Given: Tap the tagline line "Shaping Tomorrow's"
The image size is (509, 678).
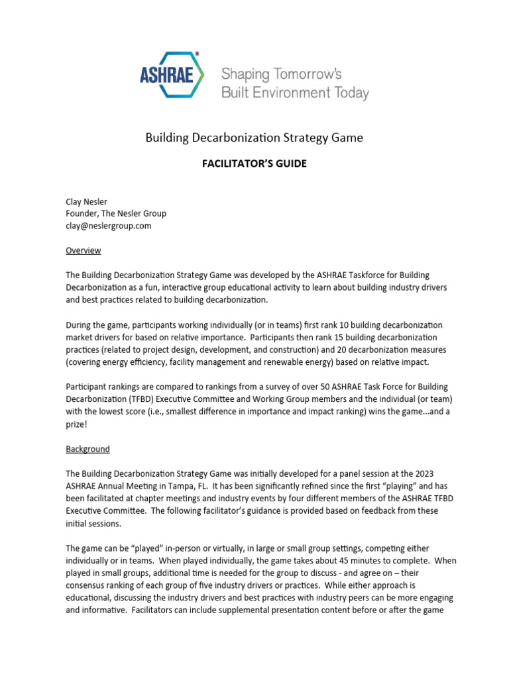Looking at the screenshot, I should (281, 73).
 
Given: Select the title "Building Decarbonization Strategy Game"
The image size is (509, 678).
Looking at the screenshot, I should (254, 138).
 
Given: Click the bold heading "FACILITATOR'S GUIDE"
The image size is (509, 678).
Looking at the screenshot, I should (254, 164).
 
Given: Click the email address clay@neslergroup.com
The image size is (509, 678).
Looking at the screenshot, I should (108, 225).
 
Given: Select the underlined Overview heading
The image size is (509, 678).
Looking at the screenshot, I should (84, 250).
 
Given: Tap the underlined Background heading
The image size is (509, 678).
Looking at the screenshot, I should (87, 449).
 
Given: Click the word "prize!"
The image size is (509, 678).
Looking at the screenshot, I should (76, 424).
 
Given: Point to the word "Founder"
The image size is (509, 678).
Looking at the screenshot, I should (84, 213).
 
